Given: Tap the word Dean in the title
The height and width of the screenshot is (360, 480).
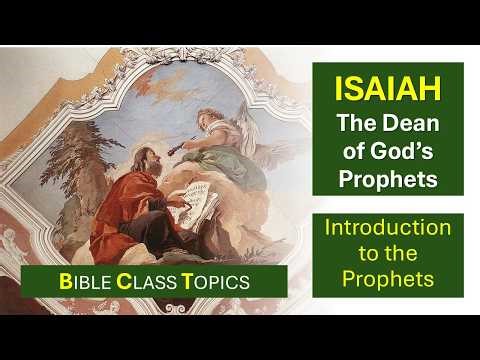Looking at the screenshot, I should point(407,124).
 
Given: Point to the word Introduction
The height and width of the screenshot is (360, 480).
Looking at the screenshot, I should point(387,227).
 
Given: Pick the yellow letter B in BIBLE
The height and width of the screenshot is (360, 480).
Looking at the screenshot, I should point(64,282).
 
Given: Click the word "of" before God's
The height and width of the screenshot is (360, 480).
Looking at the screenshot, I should point(352,153).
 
